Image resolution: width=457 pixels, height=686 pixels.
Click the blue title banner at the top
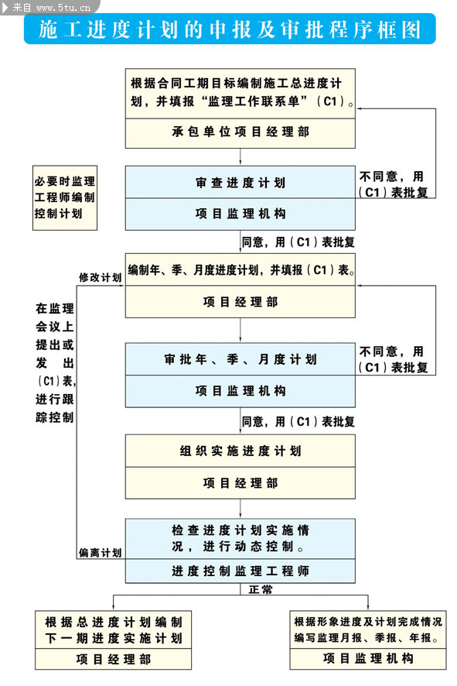[x=230, y=29]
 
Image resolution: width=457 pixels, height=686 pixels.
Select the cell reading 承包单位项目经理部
[x=240, y=132]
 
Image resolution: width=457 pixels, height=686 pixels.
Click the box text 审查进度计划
[x=240, y=183]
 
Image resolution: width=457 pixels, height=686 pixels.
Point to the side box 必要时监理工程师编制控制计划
[x=65, y=197]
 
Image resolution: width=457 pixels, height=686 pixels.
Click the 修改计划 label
[x=100, y=277]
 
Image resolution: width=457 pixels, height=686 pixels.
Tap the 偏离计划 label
[x=100, y=553]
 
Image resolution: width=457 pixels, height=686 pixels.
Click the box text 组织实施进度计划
[x=240, y=451]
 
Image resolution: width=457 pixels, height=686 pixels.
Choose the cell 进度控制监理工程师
[x=240, y=571]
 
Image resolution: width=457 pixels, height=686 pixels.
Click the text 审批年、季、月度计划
[x=240, y=359]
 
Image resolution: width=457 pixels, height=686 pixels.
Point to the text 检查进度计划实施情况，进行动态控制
[x=240, y=538]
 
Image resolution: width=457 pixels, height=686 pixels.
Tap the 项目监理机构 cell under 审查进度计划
[x=240, y=213]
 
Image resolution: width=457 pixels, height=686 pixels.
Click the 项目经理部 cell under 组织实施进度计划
[x=240, y=483]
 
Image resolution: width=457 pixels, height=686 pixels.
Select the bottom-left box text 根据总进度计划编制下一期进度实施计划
[x=113, y=630]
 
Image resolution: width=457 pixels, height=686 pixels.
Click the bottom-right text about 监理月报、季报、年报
[x=368, y=630]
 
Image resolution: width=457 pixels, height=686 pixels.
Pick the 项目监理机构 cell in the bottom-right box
[x=368, y=659]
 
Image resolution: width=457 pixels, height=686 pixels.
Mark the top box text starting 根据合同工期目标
[x=240, y=92]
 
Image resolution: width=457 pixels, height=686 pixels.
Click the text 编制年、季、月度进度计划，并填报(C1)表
[x=240, y=270]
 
